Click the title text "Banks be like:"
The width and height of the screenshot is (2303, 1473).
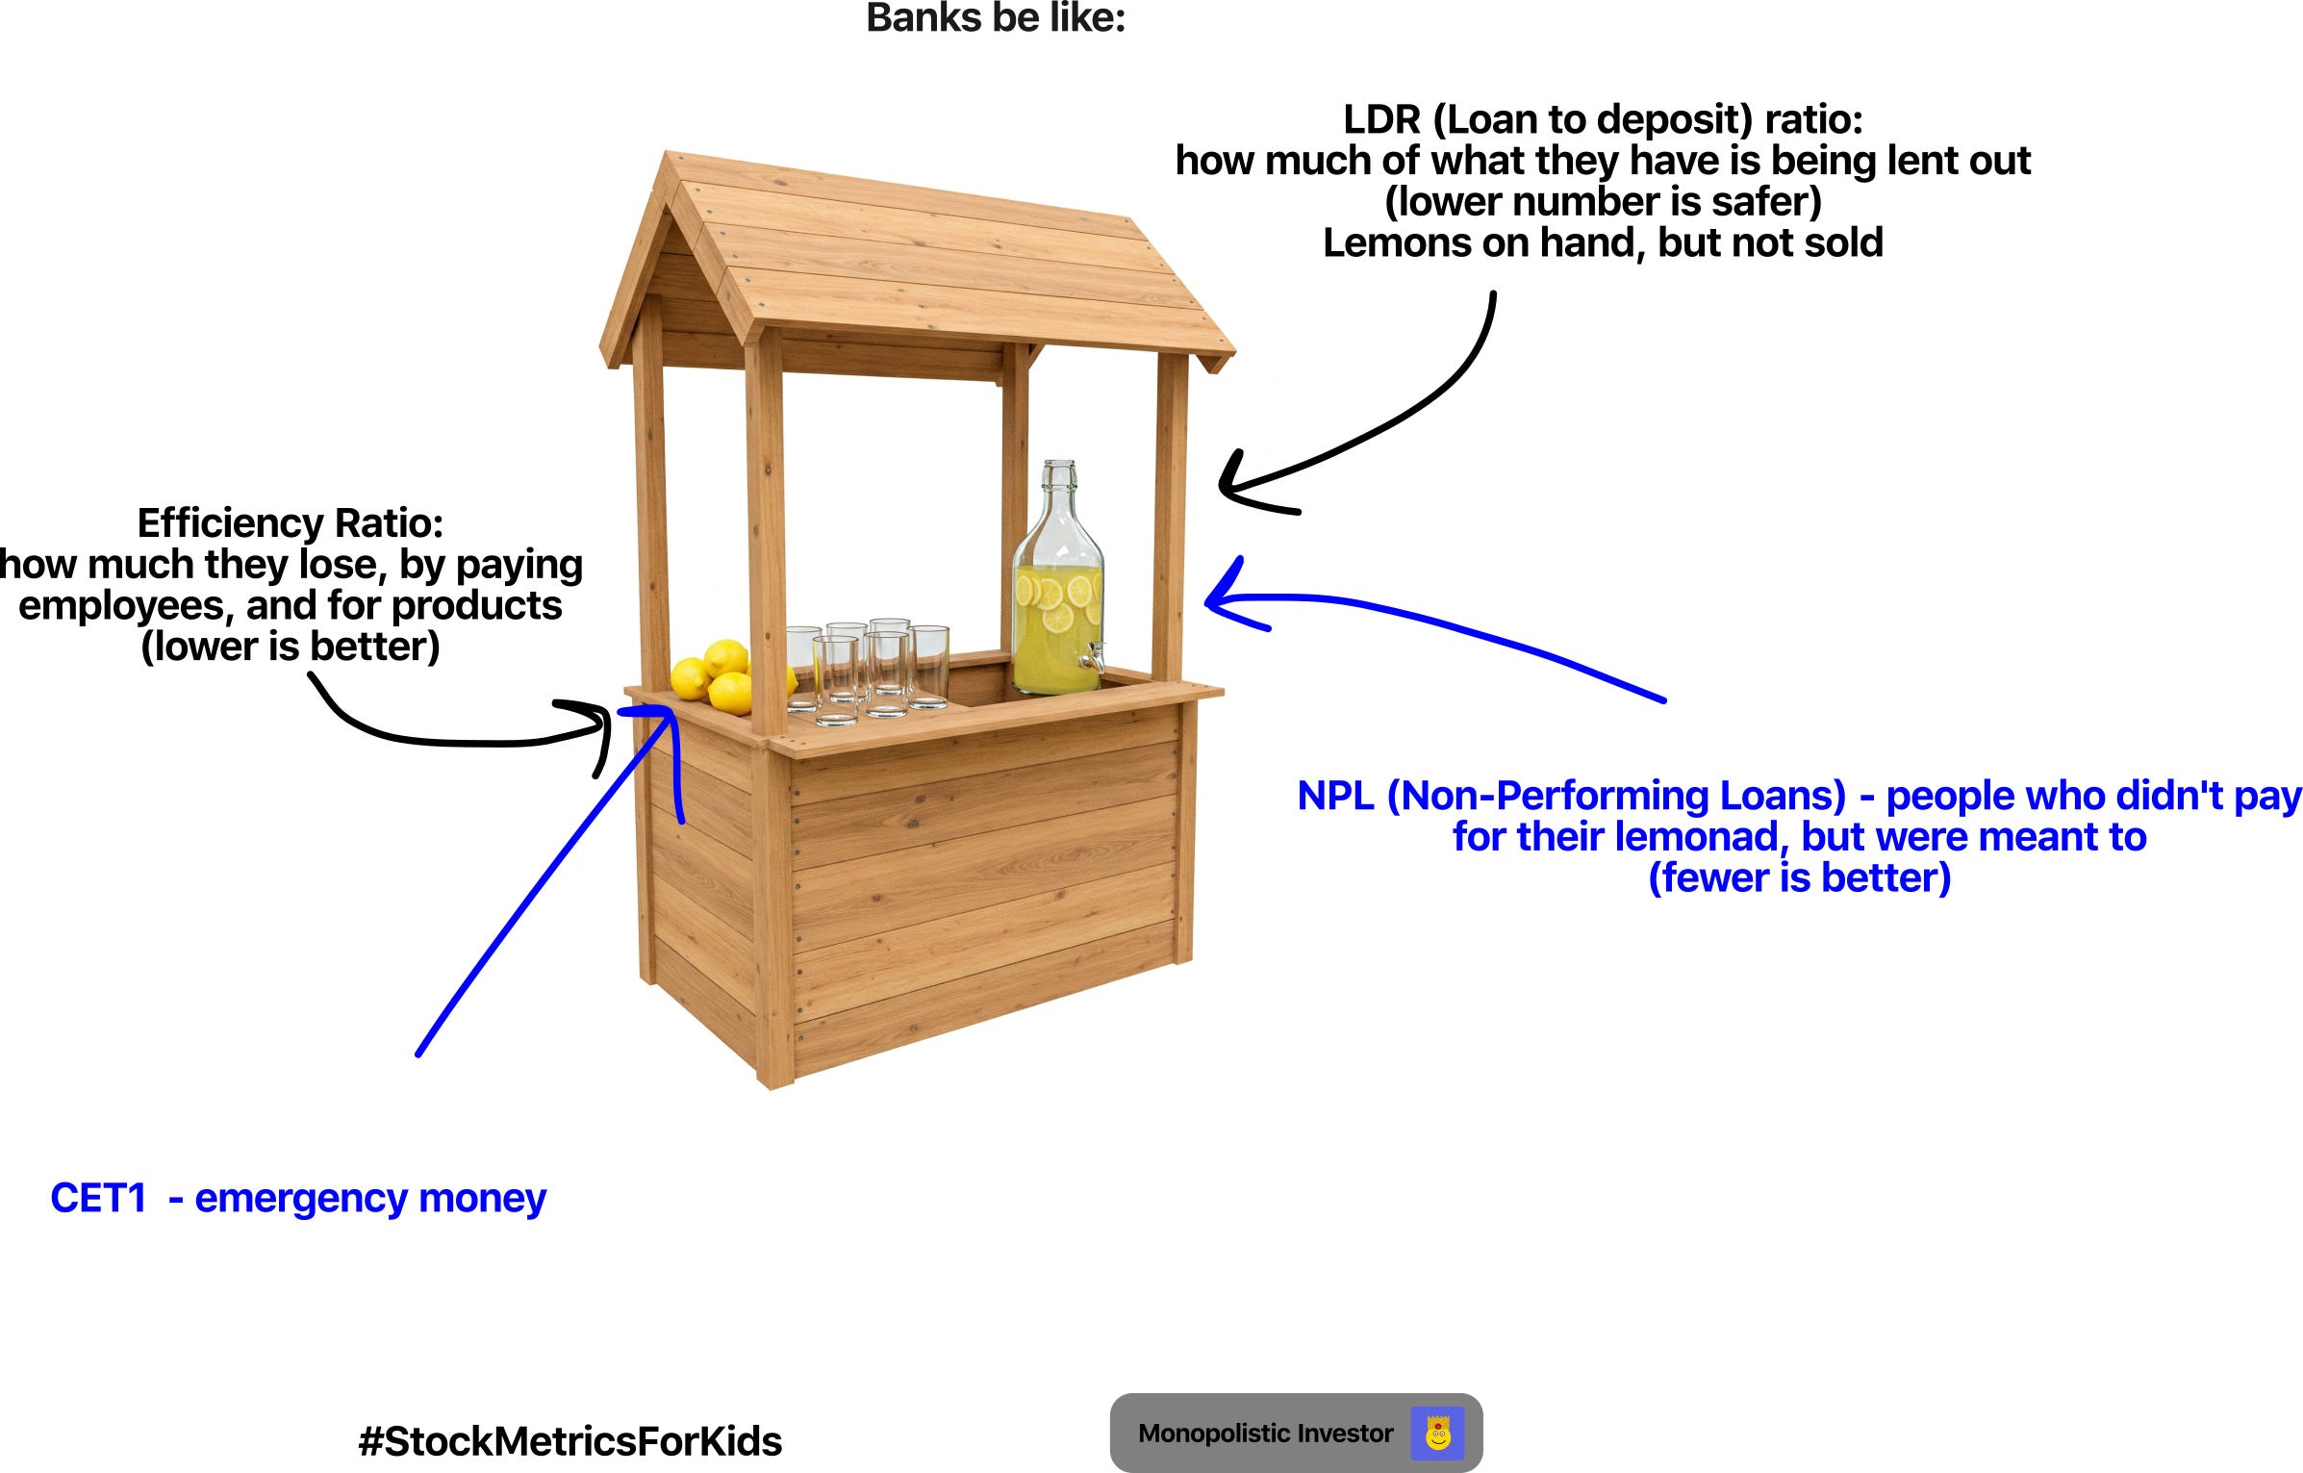[996, 18]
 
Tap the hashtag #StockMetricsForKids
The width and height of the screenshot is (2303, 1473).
[569, 1441]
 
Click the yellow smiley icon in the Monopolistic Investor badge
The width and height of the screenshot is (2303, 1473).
[1437, 1434]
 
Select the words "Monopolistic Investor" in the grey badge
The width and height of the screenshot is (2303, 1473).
[1265, 1434]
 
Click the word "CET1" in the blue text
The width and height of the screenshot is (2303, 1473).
[98, 1199]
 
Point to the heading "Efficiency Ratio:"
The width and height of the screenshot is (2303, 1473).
[291, 523]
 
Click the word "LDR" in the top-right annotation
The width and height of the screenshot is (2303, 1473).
[1381, 120]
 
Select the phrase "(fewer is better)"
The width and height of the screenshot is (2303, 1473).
[1799, 878]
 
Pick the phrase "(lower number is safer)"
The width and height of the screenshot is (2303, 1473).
[1603, 202]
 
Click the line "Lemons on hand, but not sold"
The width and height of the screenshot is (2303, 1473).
[1603, 243]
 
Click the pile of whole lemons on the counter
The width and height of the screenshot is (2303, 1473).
[717, 673]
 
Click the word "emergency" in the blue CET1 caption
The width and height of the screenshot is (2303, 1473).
[302, 1199]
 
